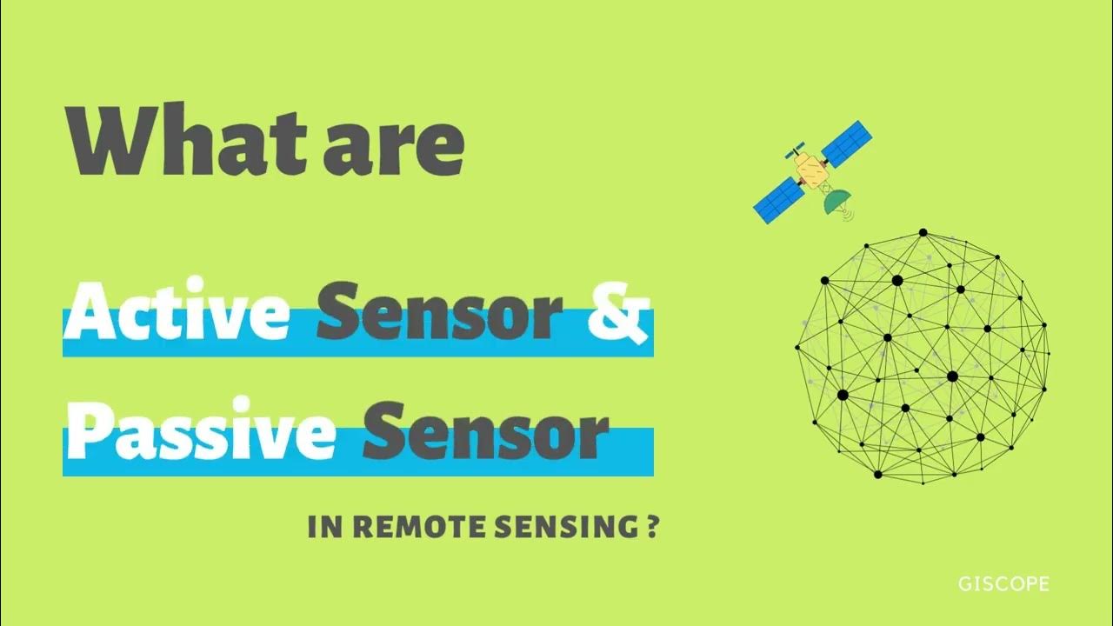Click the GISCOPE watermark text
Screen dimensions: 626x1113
click(1003, 583)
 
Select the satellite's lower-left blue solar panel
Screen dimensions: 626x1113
click(777, 199)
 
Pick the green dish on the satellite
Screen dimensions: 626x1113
click(836, 203)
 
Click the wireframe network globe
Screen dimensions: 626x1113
click(922, 355)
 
